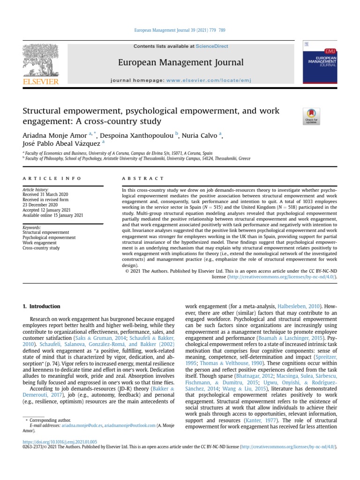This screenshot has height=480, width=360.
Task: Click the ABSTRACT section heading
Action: (142, 179)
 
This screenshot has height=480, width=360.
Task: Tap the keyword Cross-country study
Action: (41, 248)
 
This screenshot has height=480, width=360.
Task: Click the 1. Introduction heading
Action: (42, 307)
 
